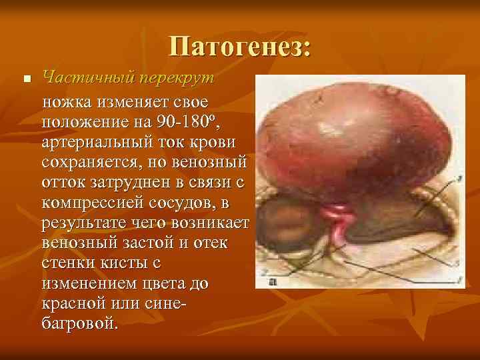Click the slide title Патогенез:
[x=240, y=46]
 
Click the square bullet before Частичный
[x=26, y=79]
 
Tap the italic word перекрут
[x=177, y=77]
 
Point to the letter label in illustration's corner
[x=273, y=283]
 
